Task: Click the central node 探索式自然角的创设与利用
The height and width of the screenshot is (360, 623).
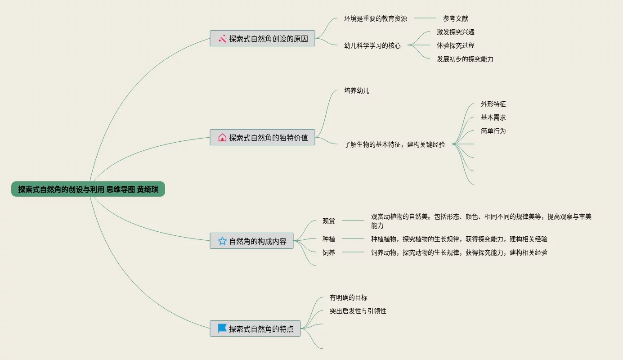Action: [88, 189]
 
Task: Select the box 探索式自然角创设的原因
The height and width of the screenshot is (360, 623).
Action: [262, 38]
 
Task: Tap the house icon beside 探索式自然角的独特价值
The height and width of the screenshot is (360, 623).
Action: [222, 137]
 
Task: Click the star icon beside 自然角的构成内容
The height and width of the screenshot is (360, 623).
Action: [222, 241]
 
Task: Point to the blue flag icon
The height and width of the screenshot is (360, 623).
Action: [222, 328]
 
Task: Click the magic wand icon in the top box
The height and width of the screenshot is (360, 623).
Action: [222, 39]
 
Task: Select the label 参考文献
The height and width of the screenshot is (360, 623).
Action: [455, 18]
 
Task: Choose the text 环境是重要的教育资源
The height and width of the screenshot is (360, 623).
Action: [375, 18]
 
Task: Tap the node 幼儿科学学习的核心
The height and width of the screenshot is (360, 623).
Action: [372, 45]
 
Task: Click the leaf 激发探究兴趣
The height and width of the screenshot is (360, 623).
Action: [455, 32]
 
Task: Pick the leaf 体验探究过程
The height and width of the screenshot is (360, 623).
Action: [455, 45]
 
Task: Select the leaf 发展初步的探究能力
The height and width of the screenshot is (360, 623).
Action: [465, 59]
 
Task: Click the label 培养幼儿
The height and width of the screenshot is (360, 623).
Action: [356, 90]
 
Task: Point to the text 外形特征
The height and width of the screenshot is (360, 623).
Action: [493, 104]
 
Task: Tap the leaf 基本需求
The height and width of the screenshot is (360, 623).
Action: [493, 117]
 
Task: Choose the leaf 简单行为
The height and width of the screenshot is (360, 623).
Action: [493, 131]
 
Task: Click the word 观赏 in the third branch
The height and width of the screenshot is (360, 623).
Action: [328, 221]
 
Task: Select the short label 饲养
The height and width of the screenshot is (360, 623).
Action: [328, 252]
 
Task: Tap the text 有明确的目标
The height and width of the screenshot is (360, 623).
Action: [348, 297]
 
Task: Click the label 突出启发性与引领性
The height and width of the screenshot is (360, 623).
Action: [358, 311]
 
